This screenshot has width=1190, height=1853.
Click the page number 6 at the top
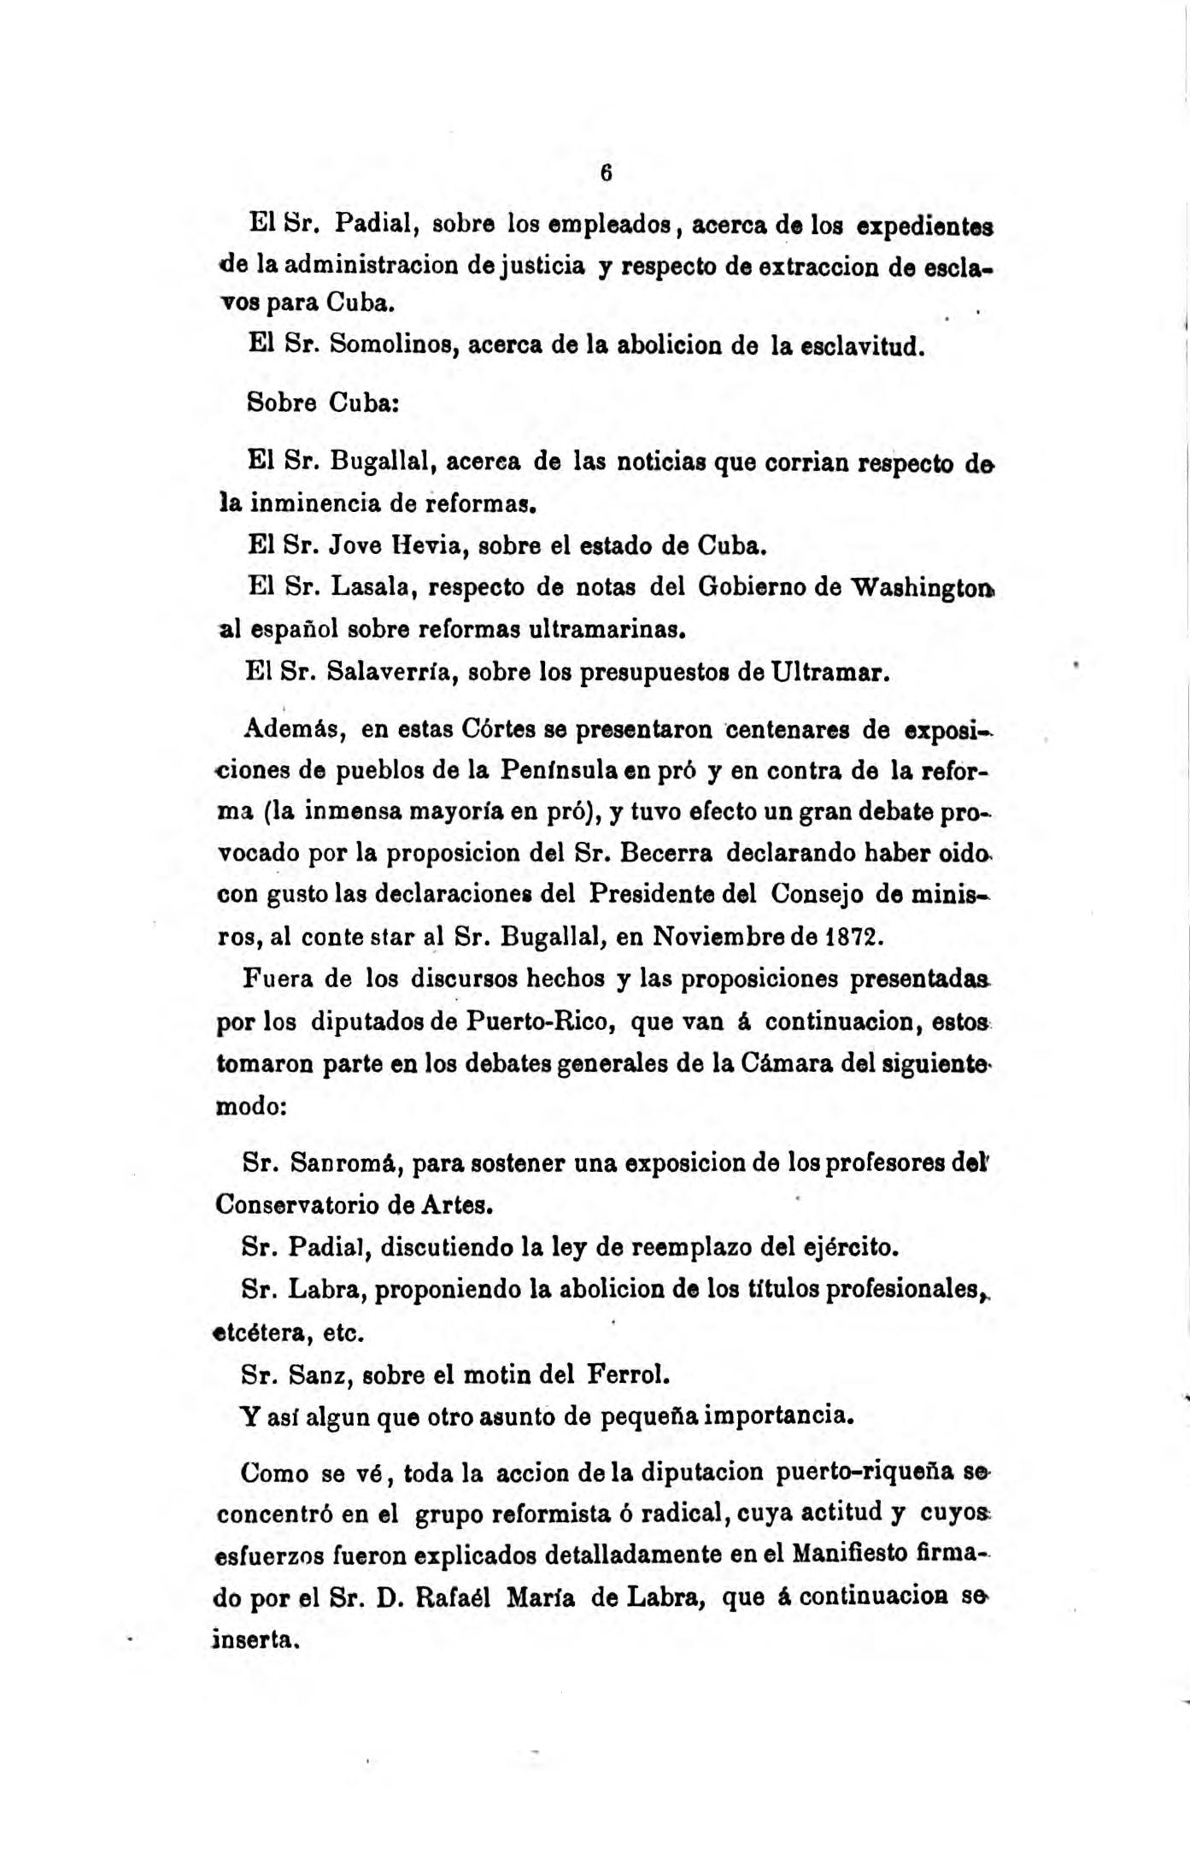606,173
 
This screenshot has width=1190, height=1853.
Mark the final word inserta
256,1640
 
